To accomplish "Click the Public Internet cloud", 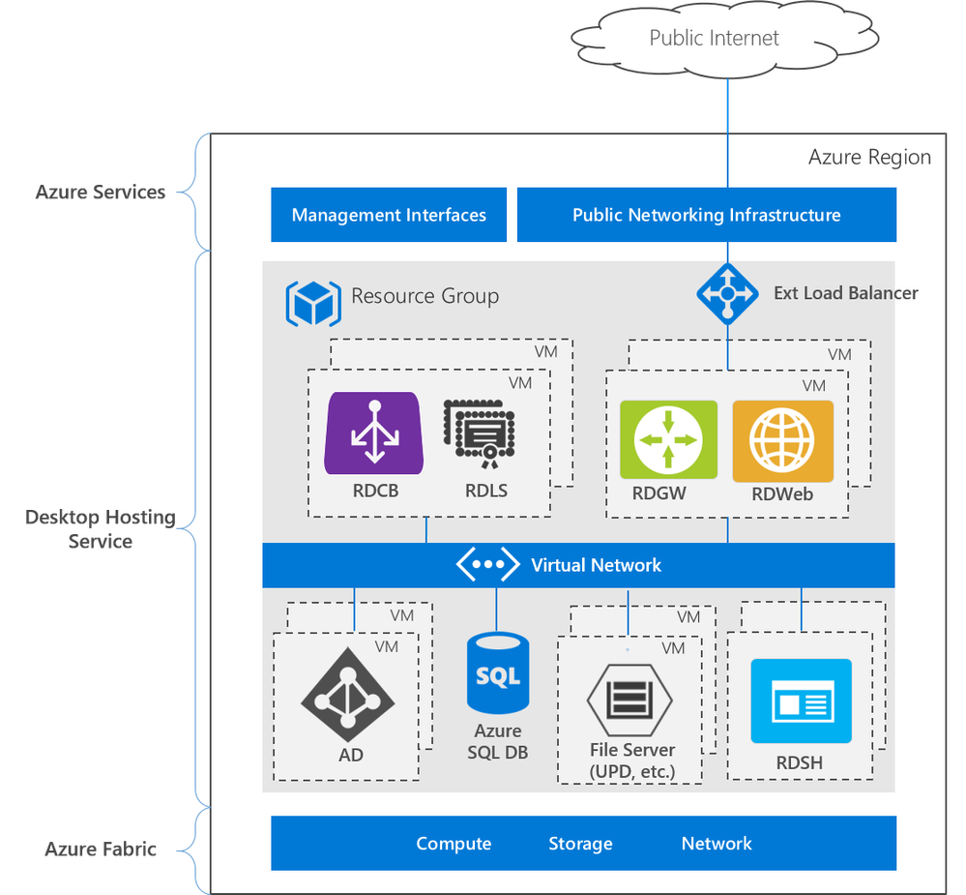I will [714, 39].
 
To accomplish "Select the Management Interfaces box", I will [389, 215].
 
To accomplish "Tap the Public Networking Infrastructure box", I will [706, 215].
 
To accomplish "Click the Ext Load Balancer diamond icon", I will [727, 293].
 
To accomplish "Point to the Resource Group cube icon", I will [313, 303].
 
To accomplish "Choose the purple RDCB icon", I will [372, 433].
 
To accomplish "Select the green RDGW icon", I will [668, 440].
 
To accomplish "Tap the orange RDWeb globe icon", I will [782, 440].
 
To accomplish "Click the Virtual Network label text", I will [596, 565].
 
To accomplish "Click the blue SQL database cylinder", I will [498, 672].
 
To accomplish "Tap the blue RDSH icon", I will [801, 701].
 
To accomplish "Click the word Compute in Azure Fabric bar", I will [454, 844].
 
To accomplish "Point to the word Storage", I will [580, 844].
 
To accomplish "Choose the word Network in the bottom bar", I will [717, 844].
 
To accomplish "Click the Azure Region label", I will [869, 157].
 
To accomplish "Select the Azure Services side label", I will [101, 193].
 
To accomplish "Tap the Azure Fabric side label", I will [101, 850].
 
